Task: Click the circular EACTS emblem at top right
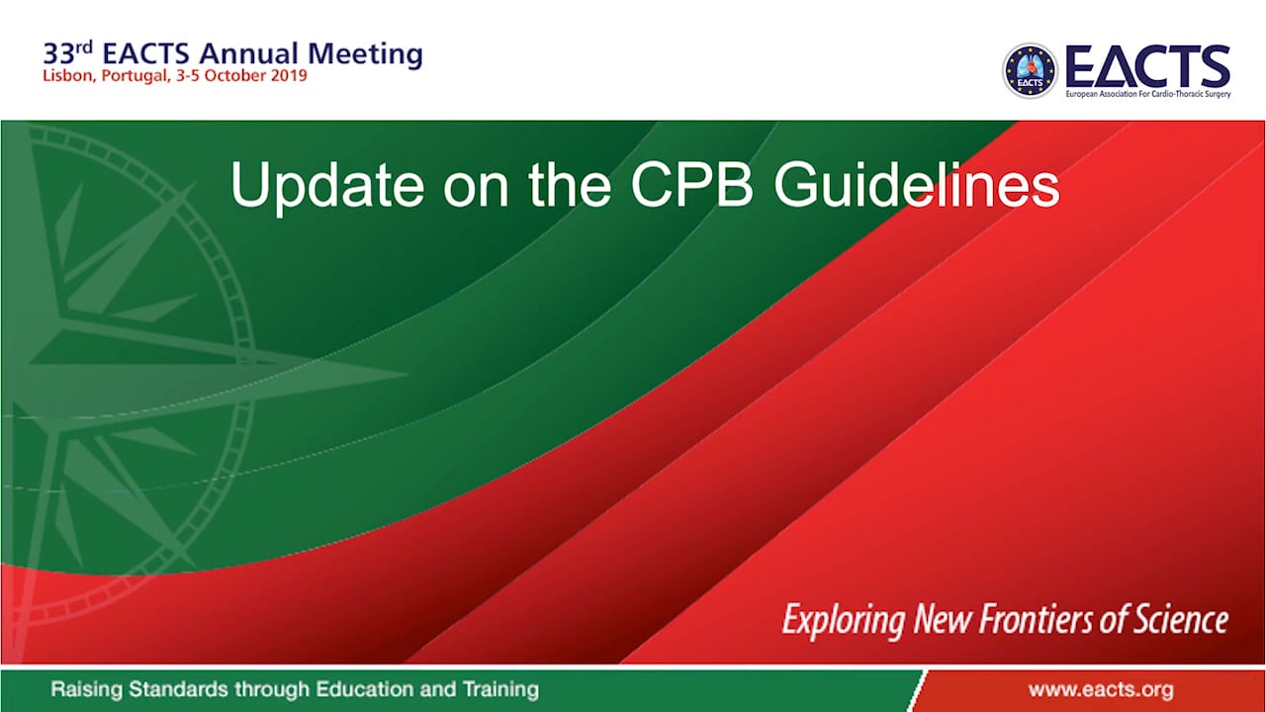click(x=1030, y=71)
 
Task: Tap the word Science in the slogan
click(x=1183, y=620)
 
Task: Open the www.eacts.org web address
click(x=1101, y=689)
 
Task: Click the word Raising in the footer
click(x=85, y=689)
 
